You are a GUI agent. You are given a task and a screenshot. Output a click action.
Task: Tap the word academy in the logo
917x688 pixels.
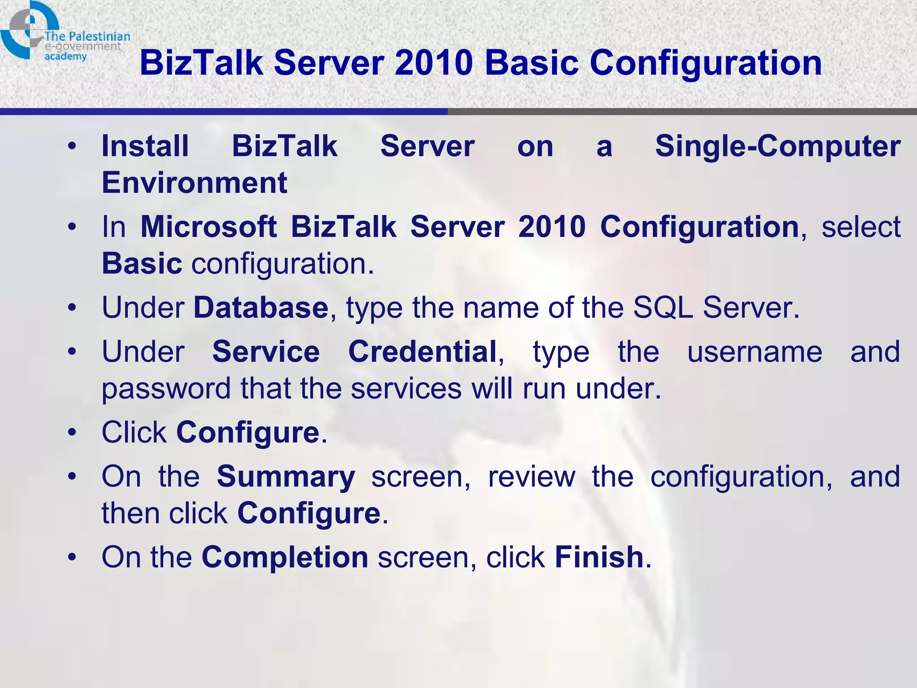[65, 56]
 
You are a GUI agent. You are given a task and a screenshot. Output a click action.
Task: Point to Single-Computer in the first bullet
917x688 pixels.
[778, 146]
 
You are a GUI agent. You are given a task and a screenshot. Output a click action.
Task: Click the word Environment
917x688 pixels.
[194, 183]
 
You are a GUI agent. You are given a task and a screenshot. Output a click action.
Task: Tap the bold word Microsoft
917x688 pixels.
[209, 227]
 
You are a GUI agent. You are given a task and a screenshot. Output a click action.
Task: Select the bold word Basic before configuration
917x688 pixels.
[142, 263]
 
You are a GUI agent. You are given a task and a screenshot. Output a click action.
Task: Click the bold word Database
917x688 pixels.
[261, 308]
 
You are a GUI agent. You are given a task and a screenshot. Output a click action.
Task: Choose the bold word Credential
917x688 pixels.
[423, 352]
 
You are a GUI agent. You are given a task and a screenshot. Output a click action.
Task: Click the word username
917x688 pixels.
[754, 352]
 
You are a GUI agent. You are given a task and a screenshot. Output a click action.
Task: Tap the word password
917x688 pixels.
[166, 388]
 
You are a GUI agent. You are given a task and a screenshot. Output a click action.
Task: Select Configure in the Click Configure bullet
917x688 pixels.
[248, 433]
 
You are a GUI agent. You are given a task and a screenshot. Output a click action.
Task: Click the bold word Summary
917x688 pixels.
[286, 477]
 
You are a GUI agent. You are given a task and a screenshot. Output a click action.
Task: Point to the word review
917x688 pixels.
[531, 477]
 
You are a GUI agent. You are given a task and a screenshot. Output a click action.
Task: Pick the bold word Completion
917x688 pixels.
[285, 557]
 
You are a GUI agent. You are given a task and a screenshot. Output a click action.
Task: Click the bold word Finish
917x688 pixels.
[599, 557]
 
